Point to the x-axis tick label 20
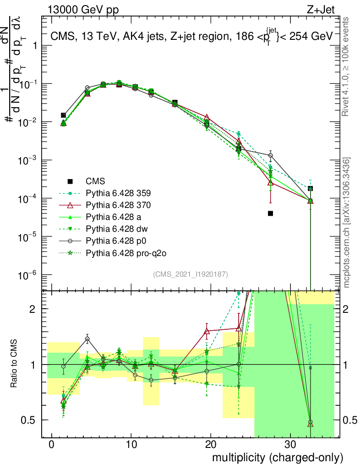(x=211, y=444)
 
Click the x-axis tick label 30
(x=290, y=444)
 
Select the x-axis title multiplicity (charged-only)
(x=277, y=458)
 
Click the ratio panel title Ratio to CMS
(x=15, y=364)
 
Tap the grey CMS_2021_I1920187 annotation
(x=191, y=274)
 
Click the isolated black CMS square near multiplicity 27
(x=271, y=213)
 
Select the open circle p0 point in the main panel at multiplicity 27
(x=271, y=156)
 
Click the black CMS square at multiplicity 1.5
(x=63, y=115)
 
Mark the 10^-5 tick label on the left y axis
(x=28, y=237)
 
